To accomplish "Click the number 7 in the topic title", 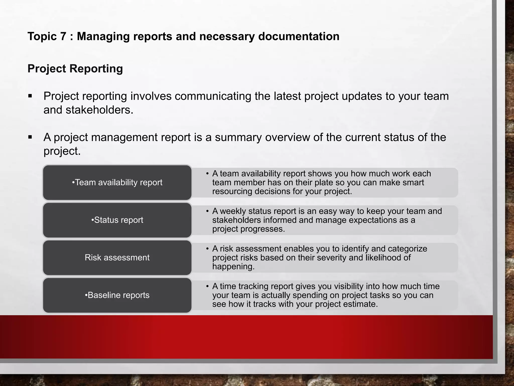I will (63, 36).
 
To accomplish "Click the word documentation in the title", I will (299, 36).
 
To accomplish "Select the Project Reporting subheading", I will (75, 69).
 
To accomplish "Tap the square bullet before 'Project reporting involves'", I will (30, 96).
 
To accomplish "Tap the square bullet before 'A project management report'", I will (30, 137).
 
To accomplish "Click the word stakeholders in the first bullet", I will (99, 110).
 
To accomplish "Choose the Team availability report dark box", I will (117, 182).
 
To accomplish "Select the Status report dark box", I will (117, 220).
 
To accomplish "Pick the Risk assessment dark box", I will (117, 258).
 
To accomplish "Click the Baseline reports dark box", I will (117, 295).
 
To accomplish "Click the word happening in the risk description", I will (233, 267).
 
